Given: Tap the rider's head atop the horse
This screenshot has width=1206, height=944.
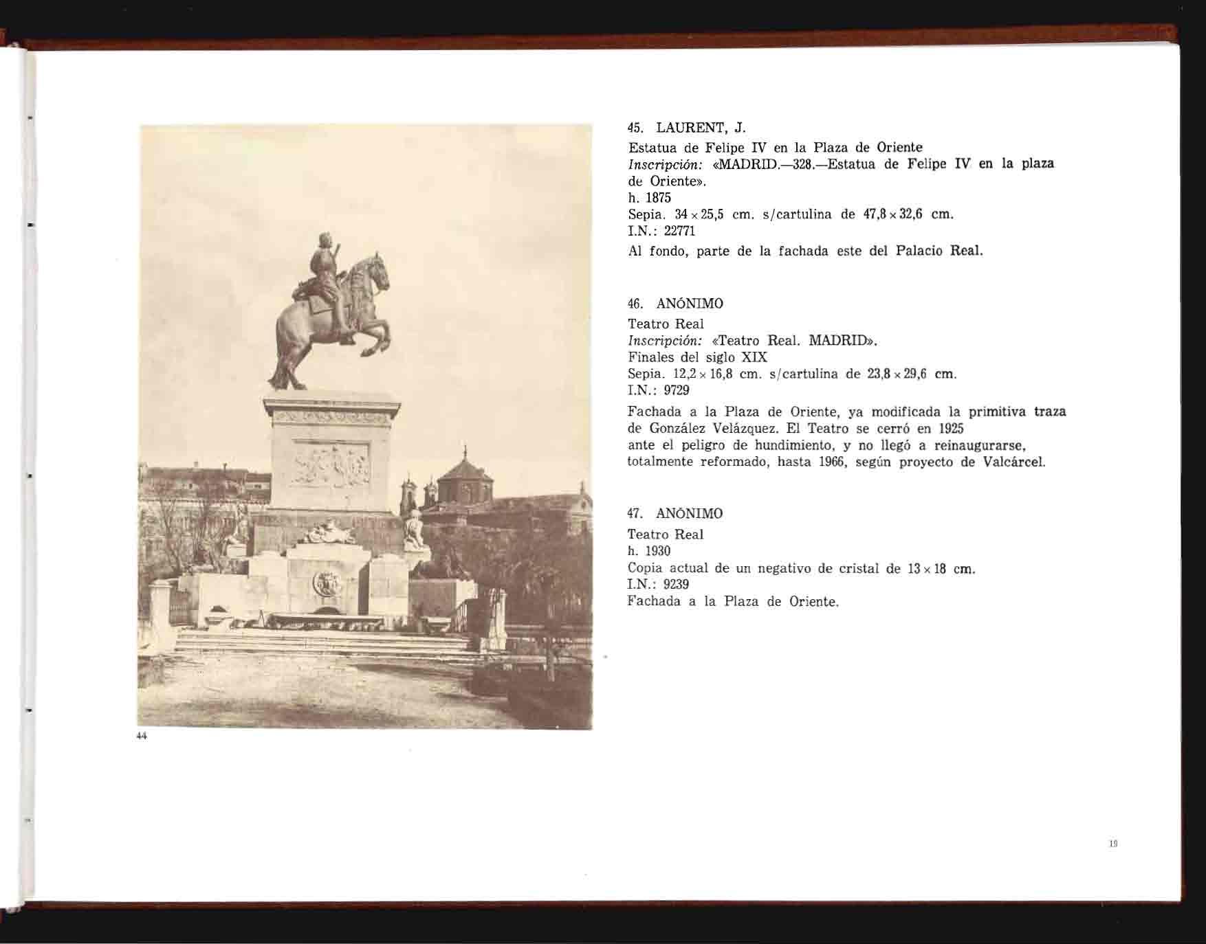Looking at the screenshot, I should click(x=323, y=242).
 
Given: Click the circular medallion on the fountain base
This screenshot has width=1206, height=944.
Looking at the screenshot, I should click(x=327, y=583).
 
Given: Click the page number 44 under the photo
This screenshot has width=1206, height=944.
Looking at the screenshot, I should click(x=142, y=736).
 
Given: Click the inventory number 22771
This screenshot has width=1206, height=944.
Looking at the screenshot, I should click(x=681, y=232).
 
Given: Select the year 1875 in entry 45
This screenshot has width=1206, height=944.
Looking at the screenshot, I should click(x=658, y=198).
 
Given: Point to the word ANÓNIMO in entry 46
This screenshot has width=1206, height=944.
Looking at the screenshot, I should click(x=690, y=304).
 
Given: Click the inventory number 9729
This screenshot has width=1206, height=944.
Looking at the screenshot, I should click(x=677, y=390).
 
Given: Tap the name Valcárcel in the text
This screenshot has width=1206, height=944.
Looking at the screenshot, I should click(x=1014, y=462).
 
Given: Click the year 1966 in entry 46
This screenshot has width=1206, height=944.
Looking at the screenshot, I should click(x=833, y=462).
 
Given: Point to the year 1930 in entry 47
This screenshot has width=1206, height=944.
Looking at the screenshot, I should click(x=658, y=551).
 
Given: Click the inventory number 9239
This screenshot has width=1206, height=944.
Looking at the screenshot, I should click(x=677, y=585).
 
